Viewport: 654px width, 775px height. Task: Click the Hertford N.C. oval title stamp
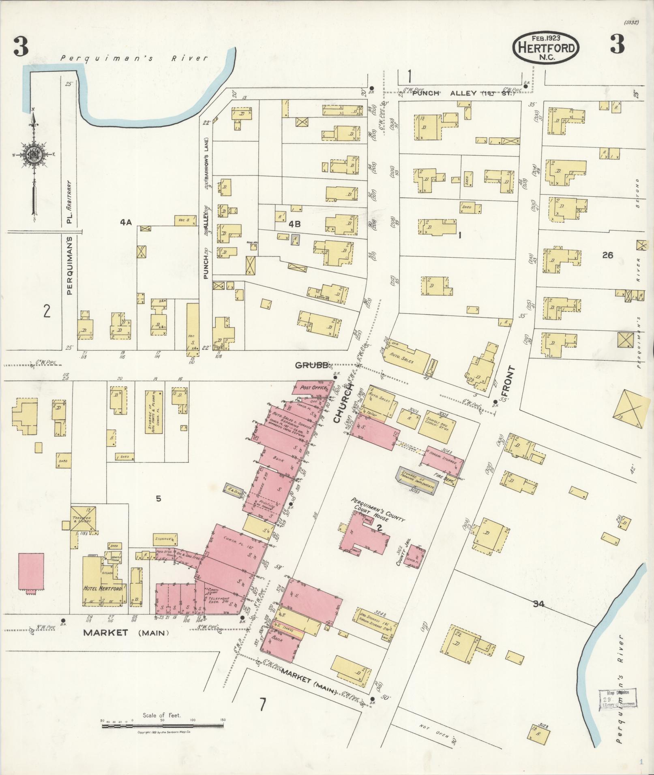[546, 48]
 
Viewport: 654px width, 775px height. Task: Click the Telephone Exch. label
[219, 600]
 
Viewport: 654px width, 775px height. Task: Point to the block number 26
[607, 255]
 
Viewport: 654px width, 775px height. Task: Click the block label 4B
[295, 224]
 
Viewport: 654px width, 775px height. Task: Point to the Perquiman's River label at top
[134, 58]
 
